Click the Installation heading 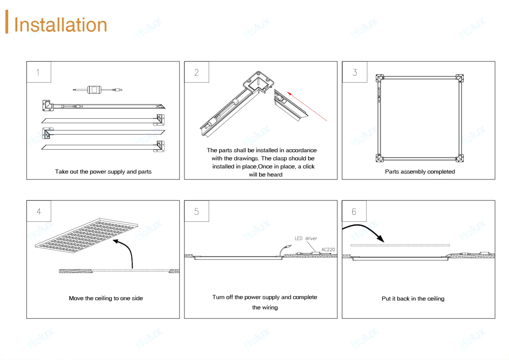click(x=60, y=25)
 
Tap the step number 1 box click(x=38, y=72)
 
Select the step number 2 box click(x=196, y=72)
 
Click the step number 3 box click(x=355, y=72)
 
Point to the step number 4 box click(x=39, y=211)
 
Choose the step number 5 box click(x=196, y=211)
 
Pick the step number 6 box click(x=354, y=211)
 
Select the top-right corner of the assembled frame click(x=459, y=78)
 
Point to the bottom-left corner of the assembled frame click(x=380, y=158)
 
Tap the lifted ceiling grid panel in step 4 click(x=87, y=235)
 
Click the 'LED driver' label click(x=305, y=239)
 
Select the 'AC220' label click(x=328, y=249)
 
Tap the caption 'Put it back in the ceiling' click(x=413, y=299)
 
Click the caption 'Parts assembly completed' click(x=420, y=172)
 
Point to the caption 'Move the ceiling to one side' click(x=106, y=298)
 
